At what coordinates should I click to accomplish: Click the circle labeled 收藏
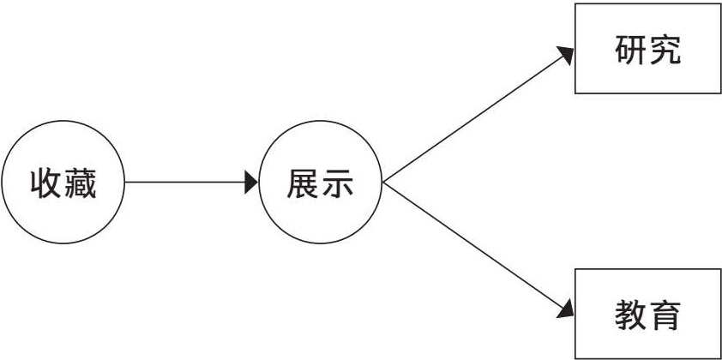pos(63,183)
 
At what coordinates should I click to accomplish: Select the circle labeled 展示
pos(320,183)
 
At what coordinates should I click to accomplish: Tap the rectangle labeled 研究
pos(647,49)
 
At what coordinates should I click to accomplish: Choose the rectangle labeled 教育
pos(647,313)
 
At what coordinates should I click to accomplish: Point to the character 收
pos(46,183)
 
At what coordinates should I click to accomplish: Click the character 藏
pos(80,183)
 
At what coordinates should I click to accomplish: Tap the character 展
pos(303,183)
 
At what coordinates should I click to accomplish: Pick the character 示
pos(337,183)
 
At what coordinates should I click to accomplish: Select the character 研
pos(630,50)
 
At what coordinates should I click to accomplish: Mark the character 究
pos(665,50)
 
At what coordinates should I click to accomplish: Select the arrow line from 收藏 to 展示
pos(184,183)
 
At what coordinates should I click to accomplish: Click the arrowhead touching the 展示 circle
pos(251,183)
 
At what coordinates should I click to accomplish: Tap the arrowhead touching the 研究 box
pos(566,54)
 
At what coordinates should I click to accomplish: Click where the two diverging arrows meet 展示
pos(382,183)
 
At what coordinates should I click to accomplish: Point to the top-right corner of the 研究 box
pos(720,4)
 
